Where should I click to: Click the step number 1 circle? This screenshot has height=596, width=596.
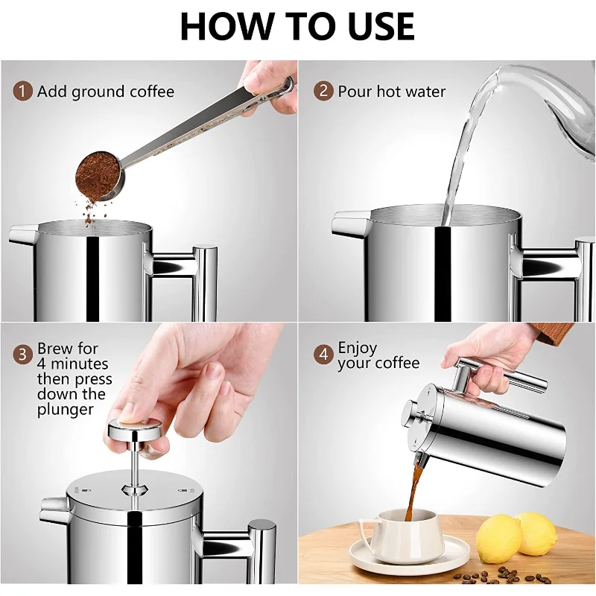click(22, 91)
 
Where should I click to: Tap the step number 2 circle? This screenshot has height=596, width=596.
click(323, 91)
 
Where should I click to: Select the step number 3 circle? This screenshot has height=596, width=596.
click(22, 355)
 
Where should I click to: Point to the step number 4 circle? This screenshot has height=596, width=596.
click(323, 355)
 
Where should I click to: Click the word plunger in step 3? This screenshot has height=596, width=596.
click(66, 410)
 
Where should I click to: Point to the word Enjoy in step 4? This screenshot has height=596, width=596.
click(358, 348)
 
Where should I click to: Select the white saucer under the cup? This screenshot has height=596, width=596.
click(410, 557)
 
